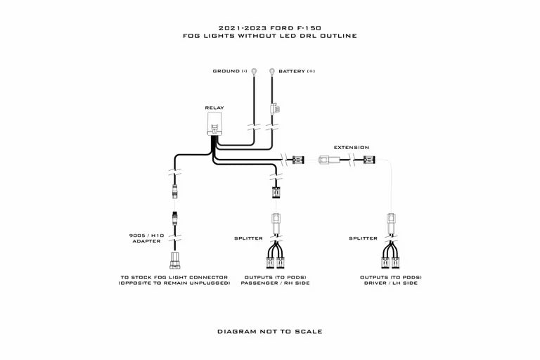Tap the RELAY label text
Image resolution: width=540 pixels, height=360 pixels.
click(x=214, y=108)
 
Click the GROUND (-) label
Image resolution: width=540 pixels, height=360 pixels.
click(x=230, y=71)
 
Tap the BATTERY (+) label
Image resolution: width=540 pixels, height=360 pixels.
click(x=296, y=71)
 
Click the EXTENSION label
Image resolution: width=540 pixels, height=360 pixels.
click(x=351, y=148)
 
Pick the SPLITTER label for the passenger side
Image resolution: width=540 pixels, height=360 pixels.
click(x=248, y=238)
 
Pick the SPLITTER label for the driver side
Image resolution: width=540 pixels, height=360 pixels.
click(x=363, y=238)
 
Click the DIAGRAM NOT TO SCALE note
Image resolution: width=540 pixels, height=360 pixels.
click(x=269, y=330)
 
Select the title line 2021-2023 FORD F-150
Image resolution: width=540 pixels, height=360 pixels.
click(x=270, y=27)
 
